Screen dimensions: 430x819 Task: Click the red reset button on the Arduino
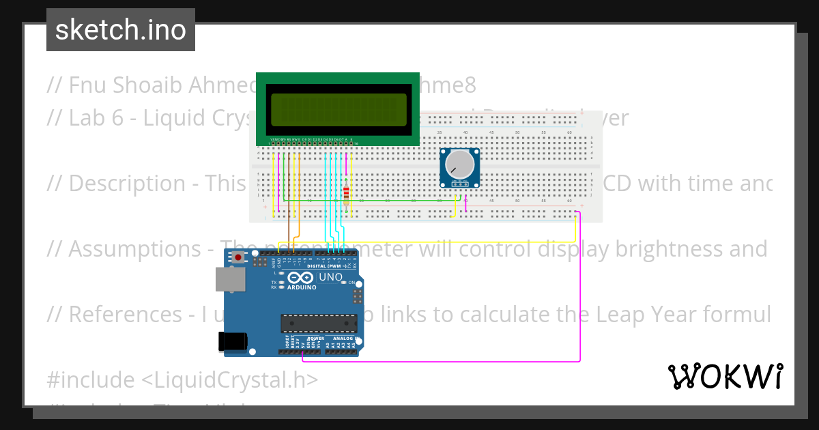point(238,257)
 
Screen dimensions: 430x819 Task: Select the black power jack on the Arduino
point(230,341)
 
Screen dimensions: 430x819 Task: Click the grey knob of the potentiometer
point(459,165)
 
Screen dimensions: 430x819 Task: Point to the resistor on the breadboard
point(347,195)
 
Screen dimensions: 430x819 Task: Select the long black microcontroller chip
point(319,324)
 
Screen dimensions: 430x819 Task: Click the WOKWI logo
point(725,376)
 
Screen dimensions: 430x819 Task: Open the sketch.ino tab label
point(121,30)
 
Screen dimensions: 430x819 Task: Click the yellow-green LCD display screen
point(338,109)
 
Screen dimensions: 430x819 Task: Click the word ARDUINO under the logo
point(301,287)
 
